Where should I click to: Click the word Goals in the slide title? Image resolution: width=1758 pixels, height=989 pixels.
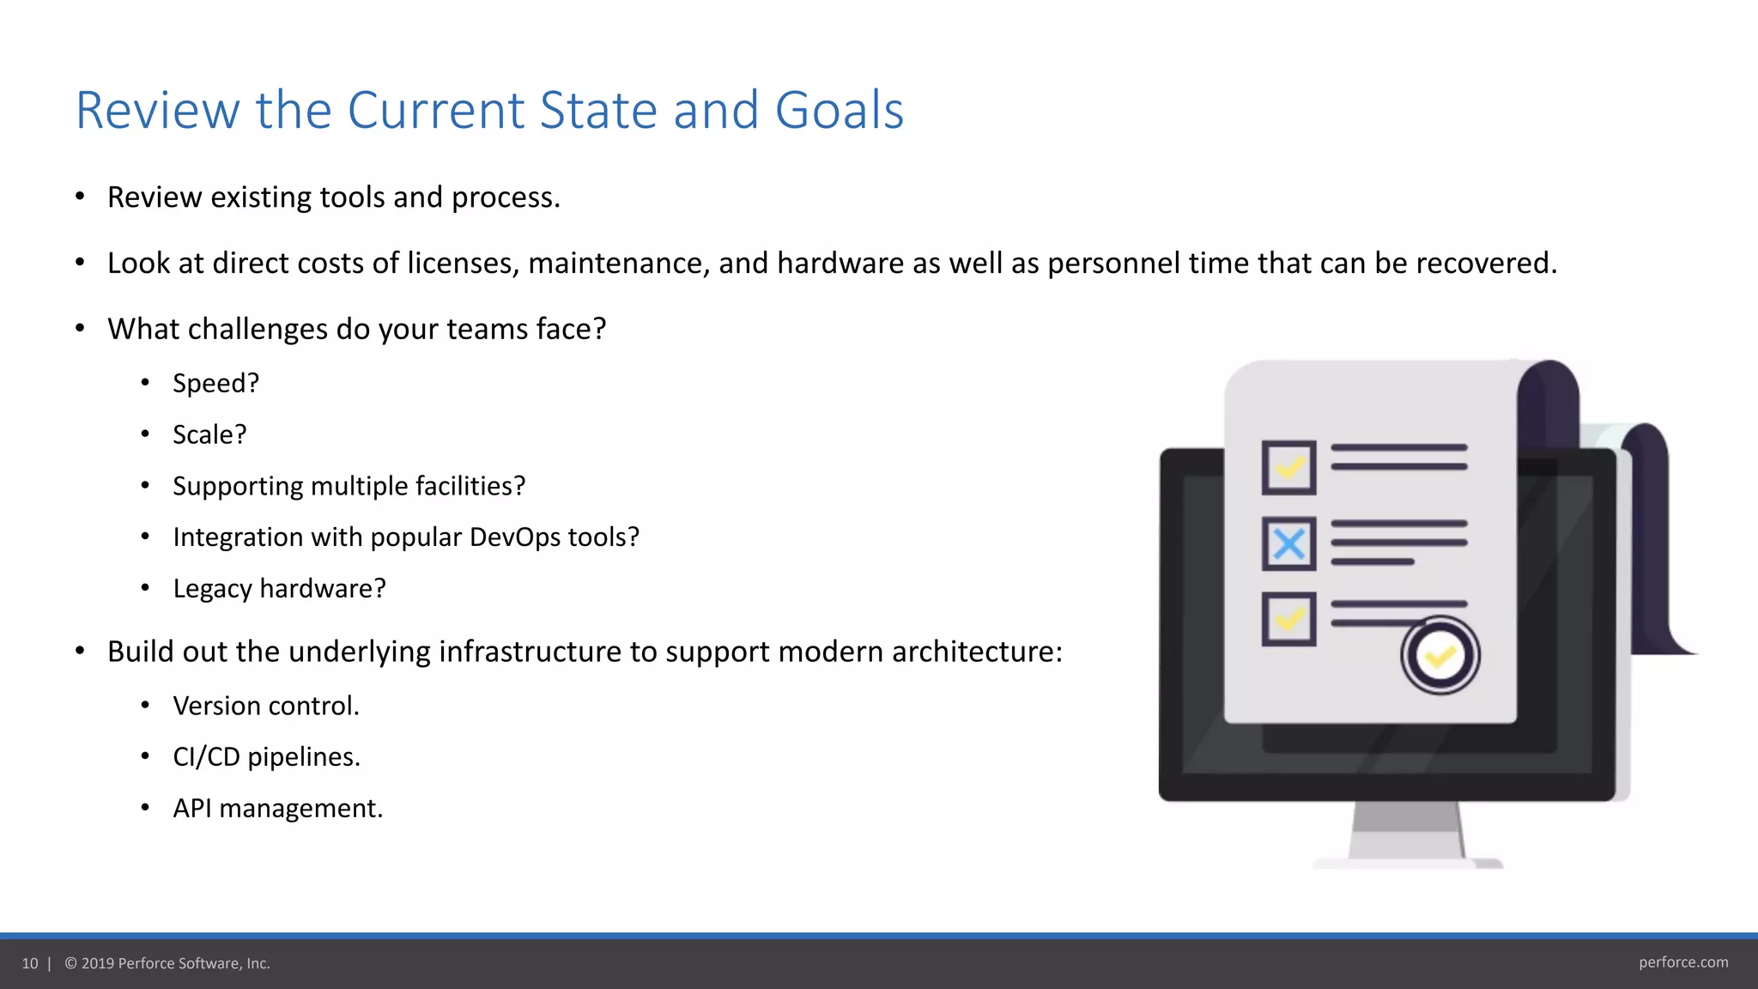(x=839, y=111)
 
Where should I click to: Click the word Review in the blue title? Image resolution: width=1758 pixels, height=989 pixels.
(x=156, y=111)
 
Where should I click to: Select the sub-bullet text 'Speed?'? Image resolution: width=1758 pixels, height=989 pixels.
(x=215, y=383)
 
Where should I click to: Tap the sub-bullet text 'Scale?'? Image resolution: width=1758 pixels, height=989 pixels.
(x=209, y=434)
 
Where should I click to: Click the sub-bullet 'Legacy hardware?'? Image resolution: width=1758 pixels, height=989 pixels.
(x=279, y=589)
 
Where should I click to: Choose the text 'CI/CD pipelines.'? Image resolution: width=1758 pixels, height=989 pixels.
(x=266, y=757)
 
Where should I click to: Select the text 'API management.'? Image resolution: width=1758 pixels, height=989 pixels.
(x=277, y=809)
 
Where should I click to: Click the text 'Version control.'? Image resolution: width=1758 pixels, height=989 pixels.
(x=265, y=706)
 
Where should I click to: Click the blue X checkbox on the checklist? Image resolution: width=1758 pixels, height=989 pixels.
(x=1288, y=543)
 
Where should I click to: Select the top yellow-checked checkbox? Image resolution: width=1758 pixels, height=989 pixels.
(x=1288, y=468)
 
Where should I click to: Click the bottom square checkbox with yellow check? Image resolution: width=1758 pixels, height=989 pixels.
(x=1288, y=619)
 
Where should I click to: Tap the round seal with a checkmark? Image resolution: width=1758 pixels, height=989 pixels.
(x=1440, y=656)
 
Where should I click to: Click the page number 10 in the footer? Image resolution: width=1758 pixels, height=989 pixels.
(x=30, y=963)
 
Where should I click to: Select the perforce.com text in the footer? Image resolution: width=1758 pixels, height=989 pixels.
(x=1682, y=962)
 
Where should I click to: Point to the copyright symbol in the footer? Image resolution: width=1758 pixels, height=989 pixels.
(x=71, y=963)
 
